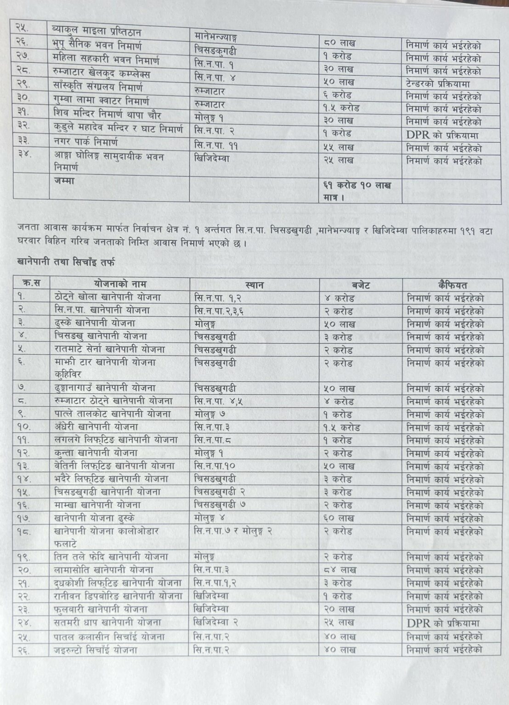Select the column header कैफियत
click(451, 284)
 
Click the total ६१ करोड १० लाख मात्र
click(357, 191)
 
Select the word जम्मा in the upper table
click(64, 181)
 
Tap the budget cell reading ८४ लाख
click(340, 570)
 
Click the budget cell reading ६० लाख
click(340, 518)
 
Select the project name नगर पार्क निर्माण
click(86, 141)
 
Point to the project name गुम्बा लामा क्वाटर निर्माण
click(102, 101)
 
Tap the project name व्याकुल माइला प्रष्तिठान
click(97, 32)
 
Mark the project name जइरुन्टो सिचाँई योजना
click(96, 649)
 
